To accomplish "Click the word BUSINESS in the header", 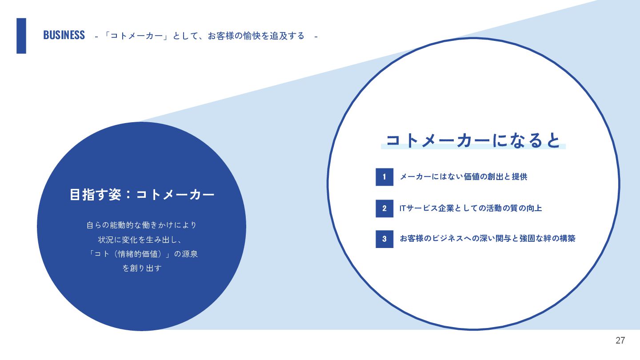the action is pyautogui.click(x=64, y=35).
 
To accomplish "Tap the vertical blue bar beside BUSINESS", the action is pyautogui.click(x=21, y=36).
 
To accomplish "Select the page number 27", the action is pyautogui.click(x=620, y=340).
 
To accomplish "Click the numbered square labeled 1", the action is pyautogui.click(x=384, y=177).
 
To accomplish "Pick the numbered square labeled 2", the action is pyautogui.click(x=384, y=208).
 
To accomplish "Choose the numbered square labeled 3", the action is pyautogui.click(x=384, y=239).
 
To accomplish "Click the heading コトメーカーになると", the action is pyautogui.click(x=473, y=140).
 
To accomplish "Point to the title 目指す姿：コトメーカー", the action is pyautogui.click(x=142, y=195).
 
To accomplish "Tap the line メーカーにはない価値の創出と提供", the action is pyautogui.click(x=464, y=177).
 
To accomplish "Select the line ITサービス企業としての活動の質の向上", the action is pyautogui.click(x=471, y=208).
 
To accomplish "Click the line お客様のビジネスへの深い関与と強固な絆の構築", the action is pyautogui.click(x=488, y=239).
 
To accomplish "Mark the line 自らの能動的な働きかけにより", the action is pyautogui.click(x=142, y=225).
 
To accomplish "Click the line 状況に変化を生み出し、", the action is pyautogui.click(x=140, y=240).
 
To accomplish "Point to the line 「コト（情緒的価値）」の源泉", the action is pyautogui.click(x=143, y=254).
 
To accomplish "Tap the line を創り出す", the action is pyautogui.click(x=142, y=268).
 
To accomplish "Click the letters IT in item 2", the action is pyautogui.click(x=403, y=208).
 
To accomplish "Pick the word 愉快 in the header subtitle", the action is pyautogui.click(x=252, y=36).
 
